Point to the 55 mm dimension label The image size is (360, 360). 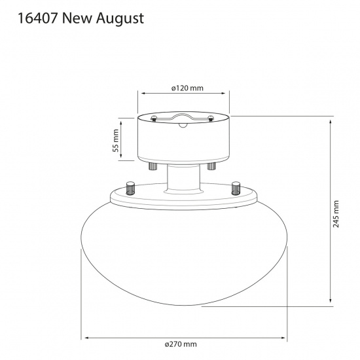[116, 140]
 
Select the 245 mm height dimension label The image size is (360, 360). [336, 213]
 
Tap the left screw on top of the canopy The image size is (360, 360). [153, 118]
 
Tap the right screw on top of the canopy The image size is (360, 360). [211, 118]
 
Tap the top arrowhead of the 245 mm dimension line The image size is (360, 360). [331, 118]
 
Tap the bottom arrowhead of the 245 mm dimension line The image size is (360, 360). [331, 302]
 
